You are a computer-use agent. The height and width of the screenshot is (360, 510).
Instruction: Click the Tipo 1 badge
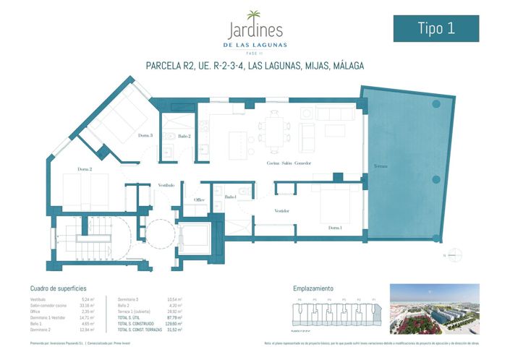coord(435,28)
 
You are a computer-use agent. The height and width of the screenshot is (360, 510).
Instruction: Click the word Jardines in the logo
coord(255,31)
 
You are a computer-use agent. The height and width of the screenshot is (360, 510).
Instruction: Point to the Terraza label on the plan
coord(381,166)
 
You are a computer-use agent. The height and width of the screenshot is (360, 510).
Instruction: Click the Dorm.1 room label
coord(335,228)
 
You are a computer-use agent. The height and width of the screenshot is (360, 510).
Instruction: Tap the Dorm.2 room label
coord(85,169)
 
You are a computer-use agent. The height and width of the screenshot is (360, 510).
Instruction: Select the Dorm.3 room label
coord(145,135)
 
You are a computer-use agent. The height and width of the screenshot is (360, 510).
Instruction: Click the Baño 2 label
coord(184,136)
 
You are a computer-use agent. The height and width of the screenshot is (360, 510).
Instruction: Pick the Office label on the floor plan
coord(200,200)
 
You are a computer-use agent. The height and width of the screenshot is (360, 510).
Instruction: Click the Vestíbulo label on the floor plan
coord(166,185)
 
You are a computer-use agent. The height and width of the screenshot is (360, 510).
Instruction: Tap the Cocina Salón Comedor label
coord(289,163)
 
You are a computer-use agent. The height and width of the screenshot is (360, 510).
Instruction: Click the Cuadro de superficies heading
coord(58,288)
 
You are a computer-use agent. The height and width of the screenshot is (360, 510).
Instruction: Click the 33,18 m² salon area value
coord(88,305)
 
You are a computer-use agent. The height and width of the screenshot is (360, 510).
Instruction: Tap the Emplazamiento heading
coord(313,288)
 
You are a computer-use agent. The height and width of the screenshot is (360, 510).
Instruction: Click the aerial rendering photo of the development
coord(434,309)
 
